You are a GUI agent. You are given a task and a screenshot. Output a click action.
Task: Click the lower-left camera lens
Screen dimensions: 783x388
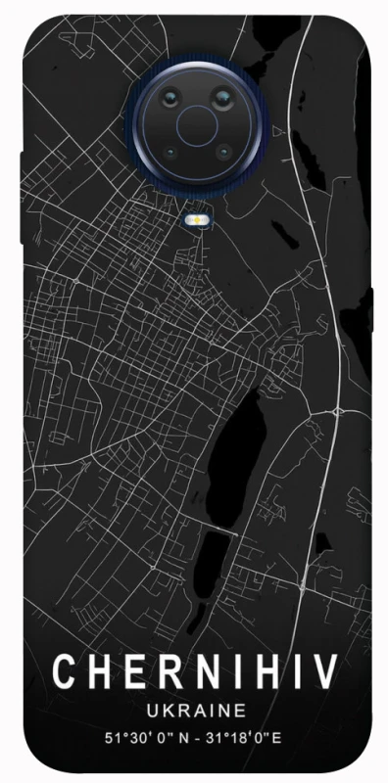(169, 153)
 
